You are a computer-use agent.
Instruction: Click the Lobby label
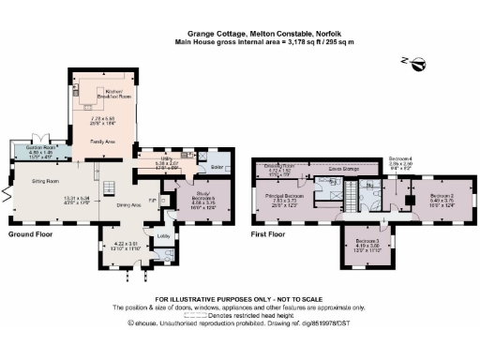pyautogui.click(x=163, y=235)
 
